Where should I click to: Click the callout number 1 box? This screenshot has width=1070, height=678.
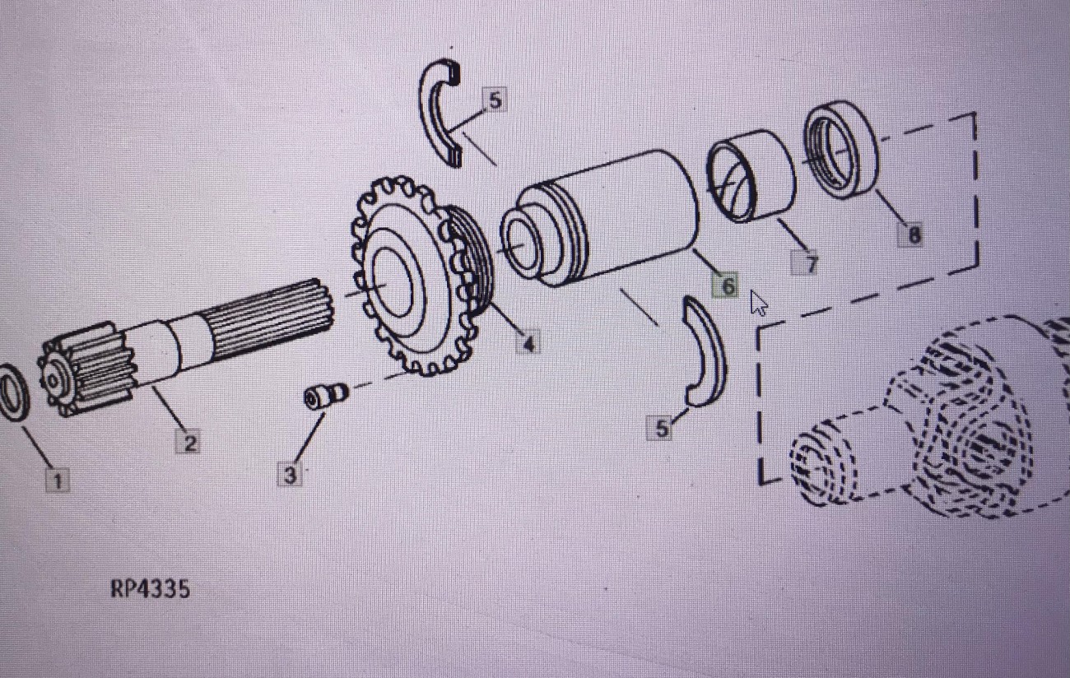tap(58, 480)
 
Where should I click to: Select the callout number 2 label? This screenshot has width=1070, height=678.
tap(188, 442)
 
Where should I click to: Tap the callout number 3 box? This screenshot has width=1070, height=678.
tap(290, 475)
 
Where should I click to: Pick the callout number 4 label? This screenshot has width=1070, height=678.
tap(528, 341)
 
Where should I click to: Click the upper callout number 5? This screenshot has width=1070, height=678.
tap(495, 100)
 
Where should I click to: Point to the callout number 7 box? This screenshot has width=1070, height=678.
tap(805, 262)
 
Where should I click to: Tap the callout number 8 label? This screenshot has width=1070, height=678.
tap(911, 235)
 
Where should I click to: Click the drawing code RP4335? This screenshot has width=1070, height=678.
tap(150, 588)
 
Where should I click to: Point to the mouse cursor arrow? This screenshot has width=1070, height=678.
tap(757, 303)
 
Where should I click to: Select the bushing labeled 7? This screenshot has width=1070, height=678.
tap(751, 176)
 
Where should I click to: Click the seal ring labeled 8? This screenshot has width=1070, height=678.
tap(840, 150)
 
